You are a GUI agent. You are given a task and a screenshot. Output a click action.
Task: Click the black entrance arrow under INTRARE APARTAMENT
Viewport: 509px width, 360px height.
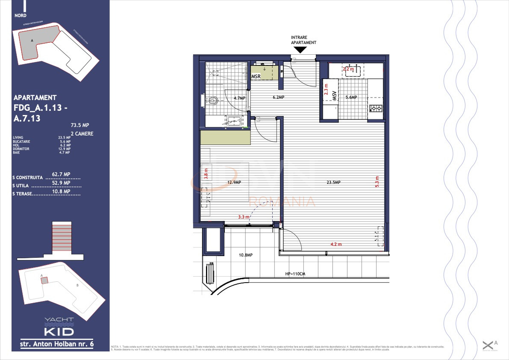tap(300, 50)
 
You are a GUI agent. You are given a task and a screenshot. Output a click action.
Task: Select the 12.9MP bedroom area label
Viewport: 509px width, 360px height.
tap(234, 183)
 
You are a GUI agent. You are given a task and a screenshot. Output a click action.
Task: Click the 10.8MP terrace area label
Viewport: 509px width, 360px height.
tap(245, 255)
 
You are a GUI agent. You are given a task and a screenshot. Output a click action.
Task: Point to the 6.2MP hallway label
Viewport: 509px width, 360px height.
tap(279, 97)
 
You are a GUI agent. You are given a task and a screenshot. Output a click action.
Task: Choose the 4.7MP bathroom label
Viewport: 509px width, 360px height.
tap(239, 98)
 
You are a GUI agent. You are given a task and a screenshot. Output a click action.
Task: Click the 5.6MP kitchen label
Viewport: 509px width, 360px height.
tap(350, 97)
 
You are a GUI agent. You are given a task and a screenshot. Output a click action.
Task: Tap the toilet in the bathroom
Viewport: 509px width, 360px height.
tap(212, 101)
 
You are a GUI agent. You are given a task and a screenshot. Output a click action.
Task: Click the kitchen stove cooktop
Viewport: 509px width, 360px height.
tap(376, 108)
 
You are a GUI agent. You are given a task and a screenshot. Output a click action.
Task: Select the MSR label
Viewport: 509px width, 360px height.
tap(256, 77)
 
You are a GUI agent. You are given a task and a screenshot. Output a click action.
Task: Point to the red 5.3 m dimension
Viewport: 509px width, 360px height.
tap(377, 181)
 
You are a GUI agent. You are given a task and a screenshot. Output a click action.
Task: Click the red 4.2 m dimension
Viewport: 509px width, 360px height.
tap(336, 245)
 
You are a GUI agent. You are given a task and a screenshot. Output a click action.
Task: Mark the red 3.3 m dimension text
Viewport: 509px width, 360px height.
tap(244, 217)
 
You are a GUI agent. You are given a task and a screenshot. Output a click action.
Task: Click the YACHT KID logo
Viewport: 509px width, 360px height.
tap(59, 327)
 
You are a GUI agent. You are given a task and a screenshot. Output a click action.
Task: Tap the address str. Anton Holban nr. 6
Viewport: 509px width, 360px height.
tap(57, 344)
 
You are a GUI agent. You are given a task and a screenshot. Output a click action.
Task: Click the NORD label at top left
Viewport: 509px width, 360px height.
tap(20, 15)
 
